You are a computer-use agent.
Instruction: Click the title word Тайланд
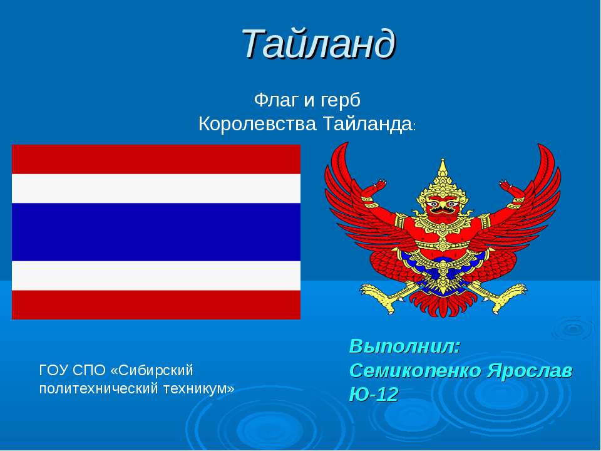click(x=319, y=43)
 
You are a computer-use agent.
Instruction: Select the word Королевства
click(x=257, y=124)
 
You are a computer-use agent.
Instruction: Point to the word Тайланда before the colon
click(x=365, y=124)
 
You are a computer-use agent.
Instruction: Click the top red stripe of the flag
click(x=156, y=159)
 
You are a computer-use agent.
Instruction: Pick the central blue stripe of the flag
click(x=156, y=232)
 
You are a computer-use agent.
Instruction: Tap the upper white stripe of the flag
click(x=156, y=189)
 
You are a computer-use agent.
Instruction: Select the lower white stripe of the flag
click(x=156, y=276)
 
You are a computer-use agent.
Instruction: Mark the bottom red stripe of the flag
click(x=156, y=304)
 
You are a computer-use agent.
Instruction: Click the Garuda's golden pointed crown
click(x=443, y=179)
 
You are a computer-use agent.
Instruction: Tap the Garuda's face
click(x=443, y=207)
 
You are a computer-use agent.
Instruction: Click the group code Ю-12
click(x=373, y=393)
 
